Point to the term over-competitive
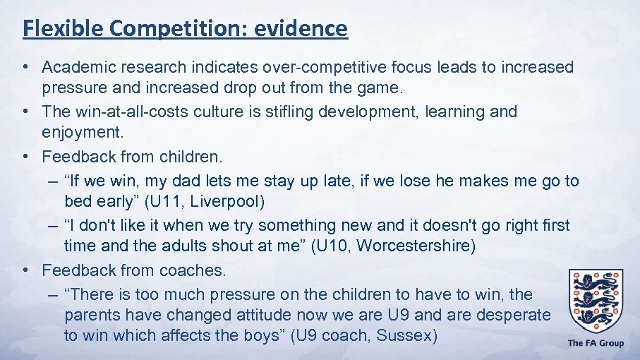click(x=320, y=67)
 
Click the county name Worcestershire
click(x=410, y=246)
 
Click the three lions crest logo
click(x=596, y=299)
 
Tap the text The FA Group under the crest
click(x=596, y=344)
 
